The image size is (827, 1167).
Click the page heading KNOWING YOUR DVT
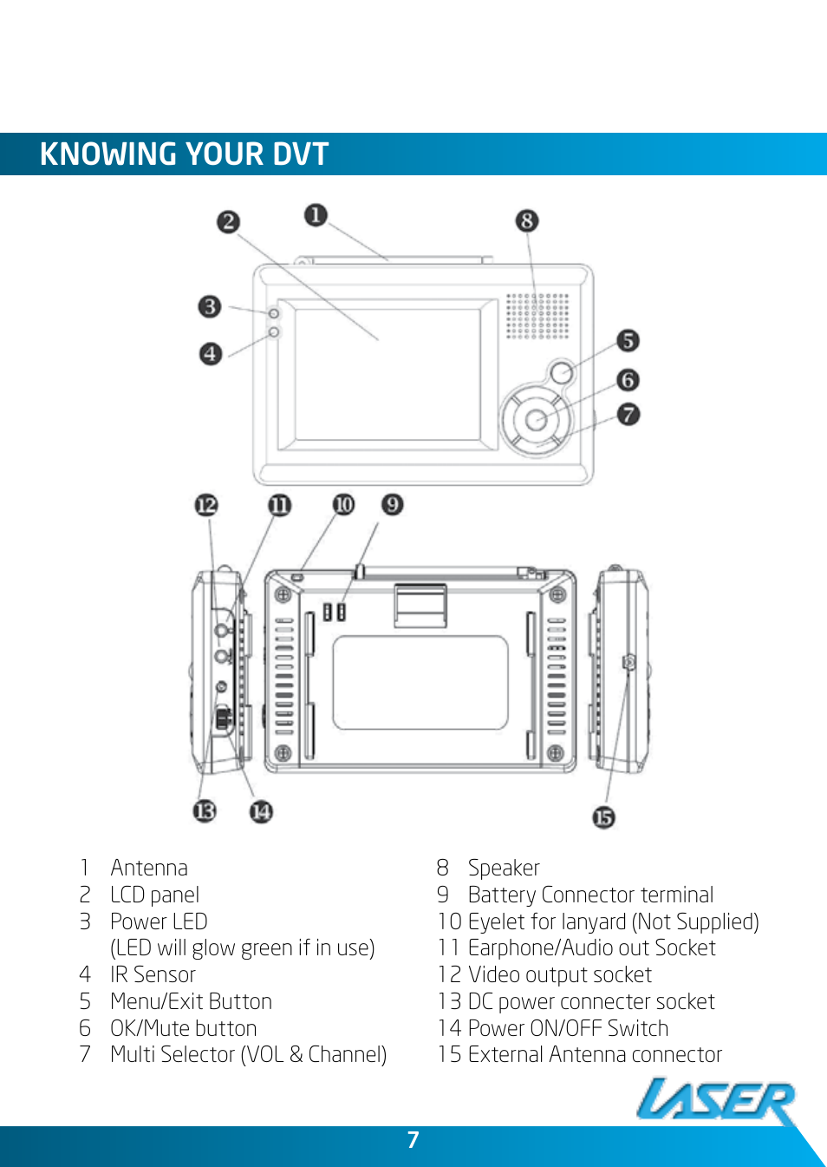tap(184, 154)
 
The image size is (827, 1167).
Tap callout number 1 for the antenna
tap(316, 214)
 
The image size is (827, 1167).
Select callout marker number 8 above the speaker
tap(526, 220)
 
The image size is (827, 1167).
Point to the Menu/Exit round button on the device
tap(562, 372)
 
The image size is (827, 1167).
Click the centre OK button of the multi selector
tap(537, 420)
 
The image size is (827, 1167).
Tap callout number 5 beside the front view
tap(628, 340)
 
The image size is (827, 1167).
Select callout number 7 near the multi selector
tap(628, 414)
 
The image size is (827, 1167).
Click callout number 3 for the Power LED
tap(209, 306)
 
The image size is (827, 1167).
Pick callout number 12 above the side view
tap(206, 505)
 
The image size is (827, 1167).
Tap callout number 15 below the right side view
tap(603, 817)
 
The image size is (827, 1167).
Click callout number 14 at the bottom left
tap(261, 811)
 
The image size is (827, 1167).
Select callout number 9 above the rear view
tap(392, 504)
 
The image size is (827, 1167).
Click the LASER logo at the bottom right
tap(716, 1102)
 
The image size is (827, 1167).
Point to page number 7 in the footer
tap(413, 1140)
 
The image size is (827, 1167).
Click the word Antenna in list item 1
tap(149, 868)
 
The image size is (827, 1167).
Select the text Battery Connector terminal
tap(590, 895)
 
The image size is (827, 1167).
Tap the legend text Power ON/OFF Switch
tap(568, 1028)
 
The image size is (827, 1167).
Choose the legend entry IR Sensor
tap(153, 974)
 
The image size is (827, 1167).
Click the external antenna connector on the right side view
tap(629, 663)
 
